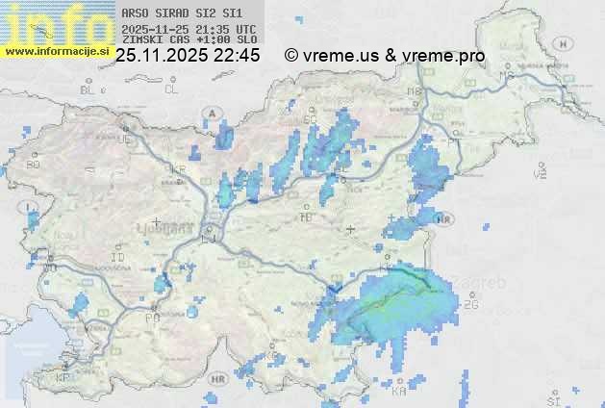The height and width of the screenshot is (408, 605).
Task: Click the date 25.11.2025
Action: coord(162,56)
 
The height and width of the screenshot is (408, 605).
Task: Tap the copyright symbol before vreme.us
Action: coord(291,56)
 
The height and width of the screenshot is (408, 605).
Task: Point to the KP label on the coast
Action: coord(63,377)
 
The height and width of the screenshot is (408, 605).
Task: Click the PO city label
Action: coord(151,317)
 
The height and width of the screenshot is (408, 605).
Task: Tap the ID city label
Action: coord(118,258)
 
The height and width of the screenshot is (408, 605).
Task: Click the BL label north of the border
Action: coord(89,89)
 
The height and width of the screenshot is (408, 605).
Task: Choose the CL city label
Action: coord(171,89)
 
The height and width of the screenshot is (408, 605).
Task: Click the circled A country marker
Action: coord(211,113)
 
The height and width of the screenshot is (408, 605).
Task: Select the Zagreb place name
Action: coord(489,283)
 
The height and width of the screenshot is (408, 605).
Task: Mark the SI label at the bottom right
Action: coord(552,398)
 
